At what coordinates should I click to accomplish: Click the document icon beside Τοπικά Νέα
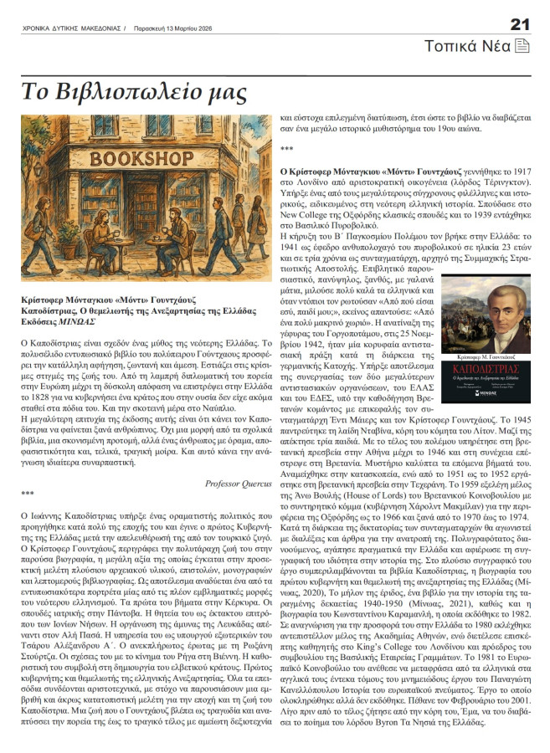point(522,45)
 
